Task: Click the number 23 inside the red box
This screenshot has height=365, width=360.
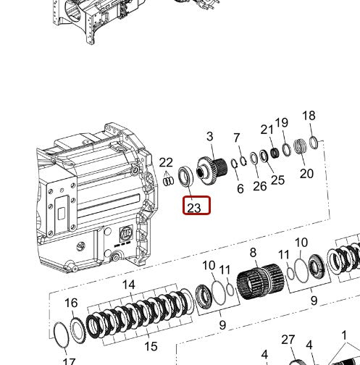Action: point(193,208)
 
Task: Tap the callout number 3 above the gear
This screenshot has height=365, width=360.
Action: point(210,136)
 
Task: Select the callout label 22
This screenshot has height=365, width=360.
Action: point(166,163)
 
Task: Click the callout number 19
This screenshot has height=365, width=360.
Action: point(282,122)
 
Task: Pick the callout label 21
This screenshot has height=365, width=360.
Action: point(267,130)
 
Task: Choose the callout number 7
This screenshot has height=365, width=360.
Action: point(236,138)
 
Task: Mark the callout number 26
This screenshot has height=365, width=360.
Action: point(260,186)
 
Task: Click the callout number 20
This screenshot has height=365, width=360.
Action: point(306,173)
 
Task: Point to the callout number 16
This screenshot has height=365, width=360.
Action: point(71,303)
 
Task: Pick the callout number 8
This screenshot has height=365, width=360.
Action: point(253,253)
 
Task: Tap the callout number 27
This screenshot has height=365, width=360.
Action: point(288,340)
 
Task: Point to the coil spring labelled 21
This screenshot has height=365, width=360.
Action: point(275,154)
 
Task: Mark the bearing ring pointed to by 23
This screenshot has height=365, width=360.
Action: point(186,177)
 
